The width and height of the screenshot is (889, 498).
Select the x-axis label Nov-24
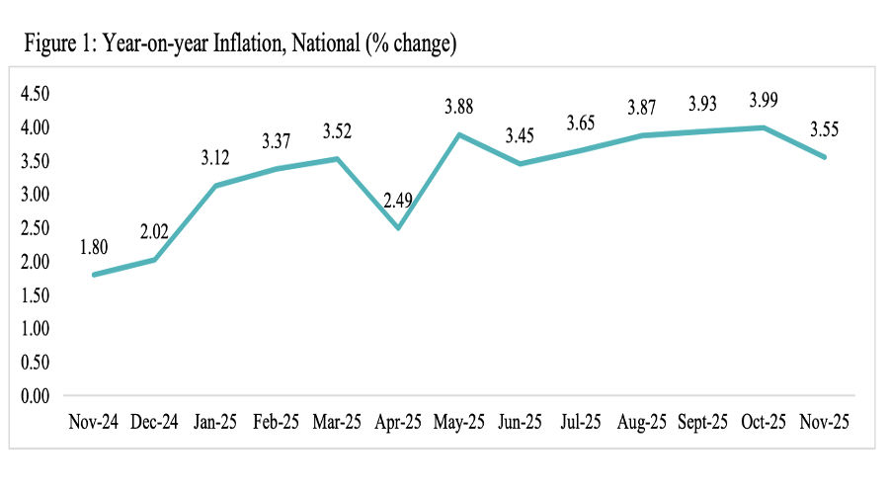click(x=94, y=421)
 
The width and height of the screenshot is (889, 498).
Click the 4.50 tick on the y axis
click(x=35, y=94)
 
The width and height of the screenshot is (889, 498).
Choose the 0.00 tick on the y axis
click(x=35, y=395)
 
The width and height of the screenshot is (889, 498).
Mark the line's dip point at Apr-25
click(x=397, y=228)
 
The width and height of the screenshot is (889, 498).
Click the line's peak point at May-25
click(x=458, y=134)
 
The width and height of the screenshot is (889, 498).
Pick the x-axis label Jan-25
click(x=215, y=421)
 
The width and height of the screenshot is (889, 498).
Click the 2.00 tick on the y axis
click(x=35, y=261)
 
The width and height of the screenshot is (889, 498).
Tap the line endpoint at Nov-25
click(x=823, y=157)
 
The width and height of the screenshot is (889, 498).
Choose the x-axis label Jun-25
click(x=519, y=421)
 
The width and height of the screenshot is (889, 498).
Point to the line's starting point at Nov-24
click(x=94, y=275)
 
